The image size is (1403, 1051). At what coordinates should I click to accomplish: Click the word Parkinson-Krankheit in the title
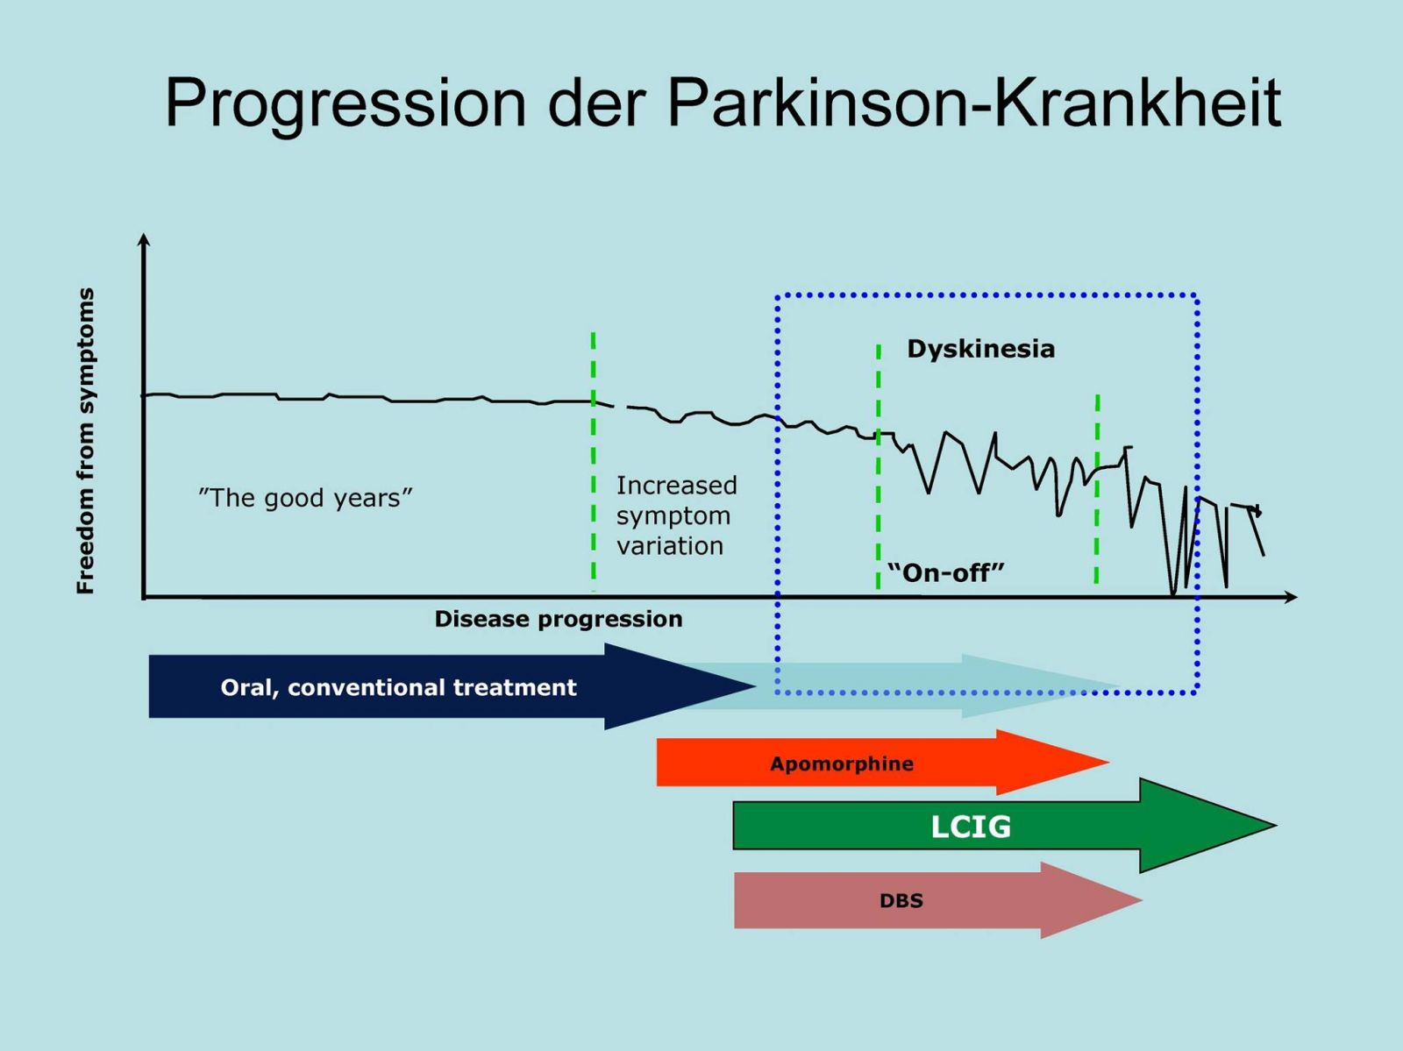(974, 103)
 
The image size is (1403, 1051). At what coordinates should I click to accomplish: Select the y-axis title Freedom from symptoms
(86, 441)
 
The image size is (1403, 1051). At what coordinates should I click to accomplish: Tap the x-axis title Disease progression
(559, 619)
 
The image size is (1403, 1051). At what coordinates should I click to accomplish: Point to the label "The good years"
(305, 498)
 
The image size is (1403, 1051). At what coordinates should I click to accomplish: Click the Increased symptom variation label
(676, 515)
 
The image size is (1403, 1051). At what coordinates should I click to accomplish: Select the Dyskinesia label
(981, 349)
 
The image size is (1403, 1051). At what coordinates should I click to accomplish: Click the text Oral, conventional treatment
(399, 687)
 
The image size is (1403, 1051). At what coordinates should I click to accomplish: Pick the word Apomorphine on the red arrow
(842, 763)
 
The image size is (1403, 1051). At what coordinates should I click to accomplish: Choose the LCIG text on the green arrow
(971, 827)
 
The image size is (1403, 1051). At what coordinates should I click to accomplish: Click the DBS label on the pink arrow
(901, 901)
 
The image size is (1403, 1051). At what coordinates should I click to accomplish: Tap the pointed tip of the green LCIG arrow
(1276, 825)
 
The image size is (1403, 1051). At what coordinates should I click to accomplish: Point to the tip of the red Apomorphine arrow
(1109, 762)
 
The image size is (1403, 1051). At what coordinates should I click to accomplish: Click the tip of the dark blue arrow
(756, 687)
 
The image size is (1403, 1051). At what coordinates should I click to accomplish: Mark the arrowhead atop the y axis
(144, 235)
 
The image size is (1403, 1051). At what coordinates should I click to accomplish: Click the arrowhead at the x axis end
(1296, 597)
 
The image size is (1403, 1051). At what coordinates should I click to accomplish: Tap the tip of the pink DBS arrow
(1142, 900)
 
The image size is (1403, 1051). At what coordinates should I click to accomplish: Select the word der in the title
(597, 103)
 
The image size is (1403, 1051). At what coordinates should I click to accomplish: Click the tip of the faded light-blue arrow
(1120, 686)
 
